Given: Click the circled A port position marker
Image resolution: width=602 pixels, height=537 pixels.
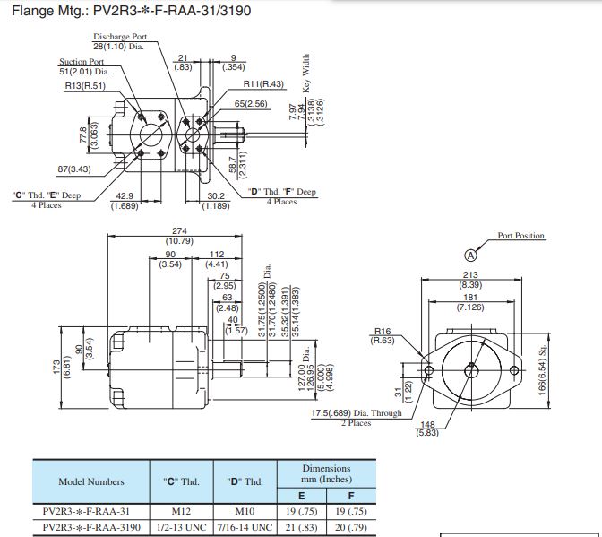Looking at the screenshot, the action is [470, 256].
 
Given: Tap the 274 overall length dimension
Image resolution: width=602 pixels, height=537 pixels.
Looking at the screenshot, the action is [179, 231].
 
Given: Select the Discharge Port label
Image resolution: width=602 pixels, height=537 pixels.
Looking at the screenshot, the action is [120, 37].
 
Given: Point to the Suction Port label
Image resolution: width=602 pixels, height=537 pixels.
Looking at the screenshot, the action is [82, 62].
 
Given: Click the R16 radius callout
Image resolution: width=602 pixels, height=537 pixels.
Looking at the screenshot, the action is [383, 331].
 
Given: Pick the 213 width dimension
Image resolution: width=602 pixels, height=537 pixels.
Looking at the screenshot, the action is [470, 275].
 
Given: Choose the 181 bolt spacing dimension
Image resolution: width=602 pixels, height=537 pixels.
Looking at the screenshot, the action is [470, 298].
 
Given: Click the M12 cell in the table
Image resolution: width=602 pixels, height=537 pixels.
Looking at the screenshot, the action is [181, 511].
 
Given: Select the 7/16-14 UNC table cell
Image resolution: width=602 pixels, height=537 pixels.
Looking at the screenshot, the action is [245, 527].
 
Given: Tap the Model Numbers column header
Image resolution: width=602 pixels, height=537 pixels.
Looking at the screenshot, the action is [91, 481].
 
